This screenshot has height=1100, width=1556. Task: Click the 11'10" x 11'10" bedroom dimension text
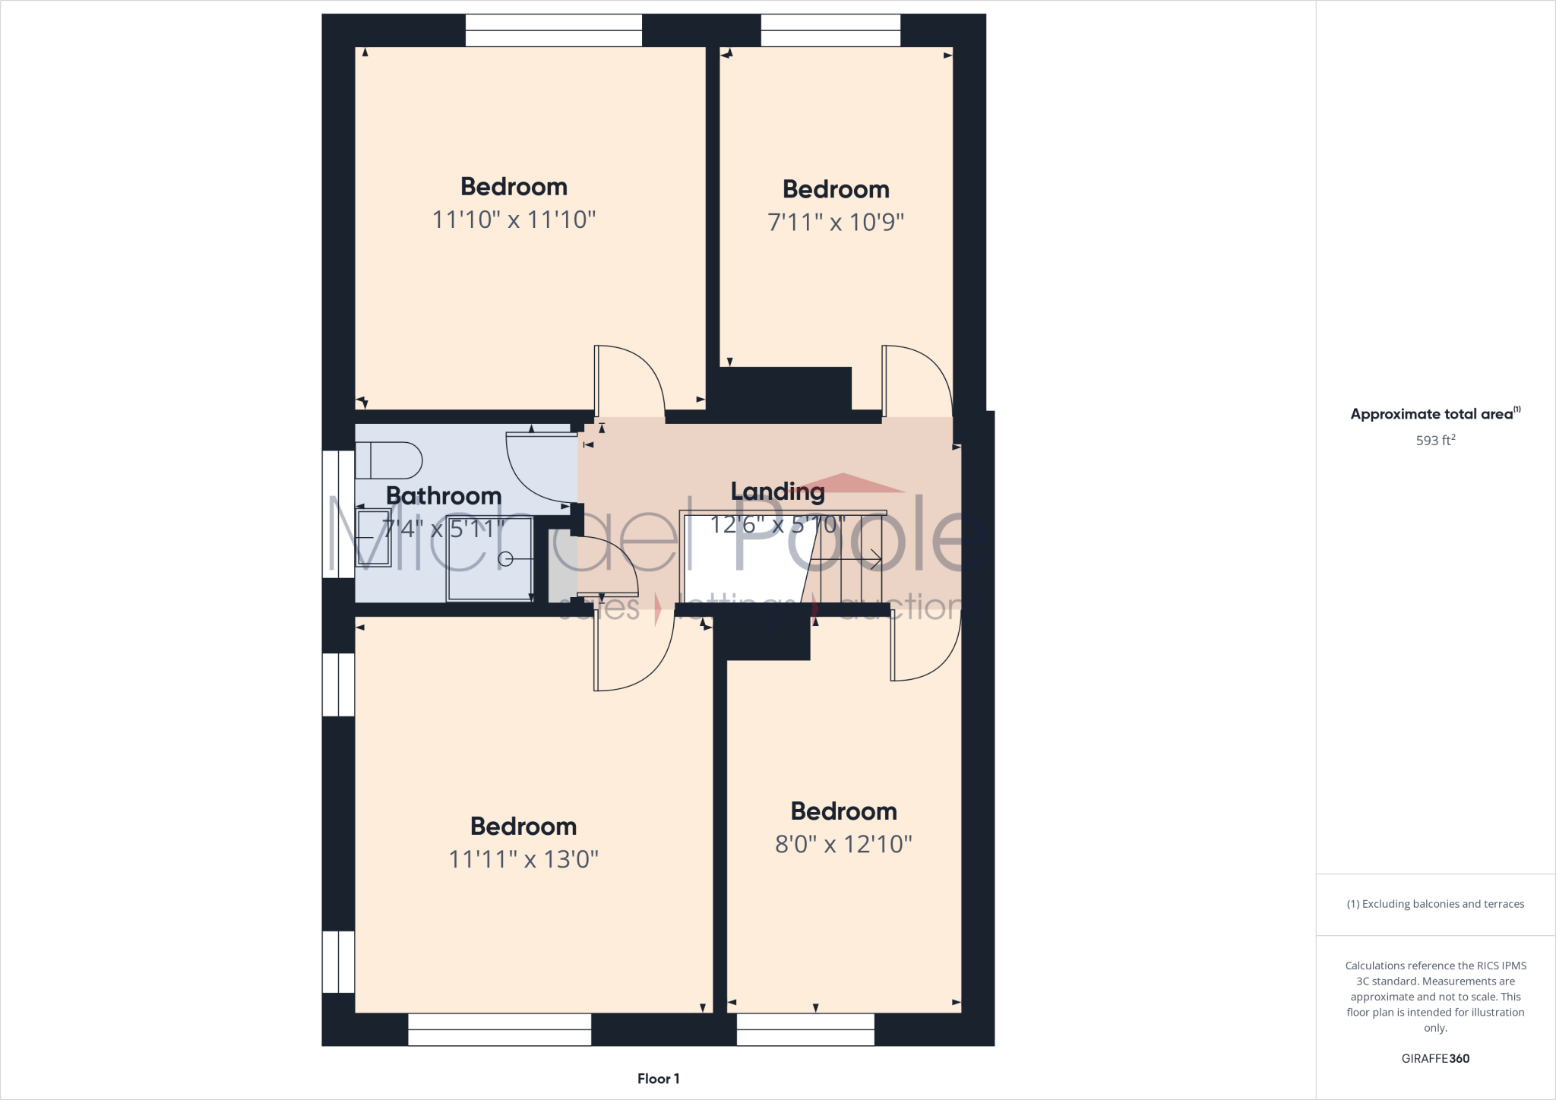(514, 220)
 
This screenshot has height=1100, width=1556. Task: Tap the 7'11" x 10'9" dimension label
(836, 223)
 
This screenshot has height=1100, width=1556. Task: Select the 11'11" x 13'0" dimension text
(523, 859)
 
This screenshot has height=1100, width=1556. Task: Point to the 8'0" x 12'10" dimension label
(843, 844)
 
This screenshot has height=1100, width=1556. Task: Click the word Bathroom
(444, 495)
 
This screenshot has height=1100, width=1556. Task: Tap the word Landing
(777, 492)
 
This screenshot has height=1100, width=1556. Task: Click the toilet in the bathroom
(388, 460)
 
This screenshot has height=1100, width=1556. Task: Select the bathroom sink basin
(373, 539)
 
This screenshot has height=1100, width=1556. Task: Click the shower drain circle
(505, 560)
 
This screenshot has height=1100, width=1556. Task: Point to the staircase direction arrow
(874, 560)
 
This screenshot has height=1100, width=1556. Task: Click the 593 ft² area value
(1435, 440)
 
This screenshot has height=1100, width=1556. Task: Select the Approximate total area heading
(1434, 414)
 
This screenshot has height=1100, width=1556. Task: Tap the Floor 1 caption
(658, 1079)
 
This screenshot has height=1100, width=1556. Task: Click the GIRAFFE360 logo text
(1435, 1058)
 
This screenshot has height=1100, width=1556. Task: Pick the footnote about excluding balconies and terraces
(1435, 904)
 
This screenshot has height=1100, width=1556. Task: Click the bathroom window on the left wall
(338, 514)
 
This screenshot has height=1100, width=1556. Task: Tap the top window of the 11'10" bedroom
(553, 30)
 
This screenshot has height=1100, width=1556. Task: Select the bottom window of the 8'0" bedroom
(805, 1029)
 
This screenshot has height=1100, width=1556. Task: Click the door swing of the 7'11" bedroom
(916, 381)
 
